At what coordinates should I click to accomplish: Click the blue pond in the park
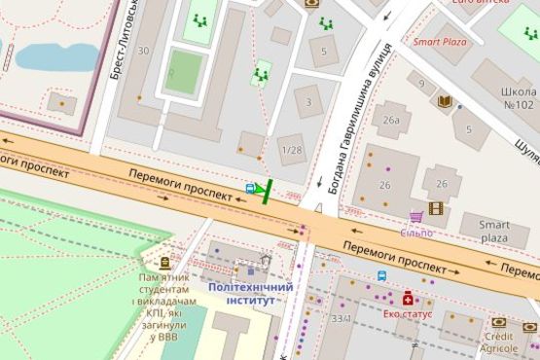pos(56,56)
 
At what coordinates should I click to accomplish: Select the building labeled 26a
pos(391,120)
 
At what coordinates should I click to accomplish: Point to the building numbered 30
pos(144,51)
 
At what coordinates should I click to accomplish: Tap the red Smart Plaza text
pos(440,42)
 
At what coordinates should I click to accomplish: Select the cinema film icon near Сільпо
pos(435,207)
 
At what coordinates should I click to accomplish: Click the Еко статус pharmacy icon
pos(408,298)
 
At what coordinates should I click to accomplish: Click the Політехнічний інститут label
pos(251,294)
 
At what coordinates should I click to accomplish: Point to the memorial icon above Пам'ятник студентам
pos(164,262)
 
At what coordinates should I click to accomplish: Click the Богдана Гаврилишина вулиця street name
pos(358,117)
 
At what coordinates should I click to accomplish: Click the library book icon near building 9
pos(445,100)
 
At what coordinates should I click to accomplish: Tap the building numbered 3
pos(308,102)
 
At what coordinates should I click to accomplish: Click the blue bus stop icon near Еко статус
pos(381,275)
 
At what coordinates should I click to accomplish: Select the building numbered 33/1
pos(342,318)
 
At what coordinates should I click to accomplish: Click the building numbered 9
pos(421,85)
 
